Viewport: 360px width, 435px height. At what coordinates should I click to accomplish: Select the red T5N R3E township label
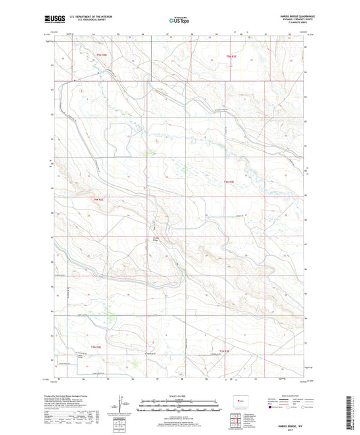232,56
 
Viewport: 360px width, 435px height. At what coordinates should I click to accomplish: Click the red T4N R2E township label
99,200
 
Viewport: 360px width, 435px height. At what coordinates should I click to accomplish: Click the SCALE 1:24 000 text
179,395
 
